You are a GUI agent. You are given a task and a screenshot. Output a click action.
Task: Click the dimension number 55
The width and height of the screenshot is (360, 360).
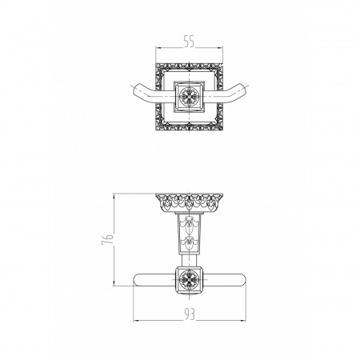[189, 42]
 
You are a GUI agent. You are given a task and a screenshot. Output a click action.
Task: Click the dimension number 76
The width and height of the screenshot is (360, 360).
[107, 239]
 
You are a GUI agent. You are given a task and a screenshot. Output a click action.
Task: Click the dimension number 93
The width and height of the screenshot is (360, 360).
[190, 314]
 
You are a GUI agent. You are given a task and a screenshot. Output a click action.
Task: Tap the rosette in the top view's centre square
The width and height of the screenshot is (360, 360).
[189, 96]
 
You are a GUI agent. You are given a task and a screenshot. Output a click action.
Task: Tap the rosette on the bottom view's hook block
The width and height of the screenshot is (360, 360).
[189, 278]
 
